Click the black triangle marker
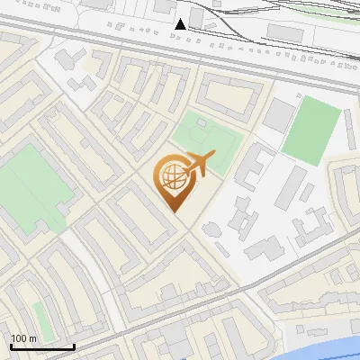tap(181, 23)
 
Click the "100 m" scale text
tap(24, 337)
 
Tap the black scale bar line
tap(42, 346)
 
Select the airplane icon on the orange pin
tap(197, 165)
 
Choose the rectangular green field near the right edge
tap(311, 130)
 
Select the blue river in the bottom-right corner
tap(333, 342)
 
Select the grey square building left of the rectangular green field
tap(279, 115)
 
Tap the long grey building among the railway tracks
tap(286, 32)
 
